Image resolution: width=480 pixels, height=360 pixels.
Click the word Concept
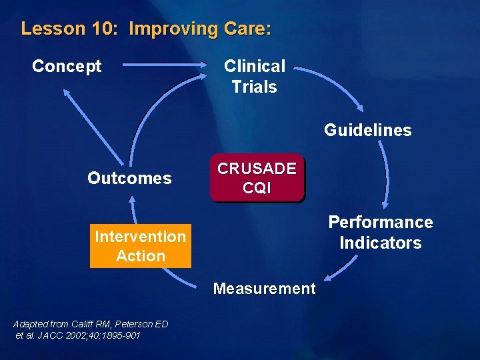(x=67, y=67)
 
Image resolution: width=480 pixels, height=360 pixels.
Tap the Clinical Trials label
(x=254, y=76)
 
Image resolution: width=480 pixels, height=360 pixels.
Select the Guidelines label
(x=367, y=130)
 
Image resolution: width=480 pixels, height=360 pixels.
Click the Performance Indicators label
(x=380, y=232)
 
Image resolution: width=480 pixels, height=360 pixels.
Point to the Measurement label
(x=264, y=289)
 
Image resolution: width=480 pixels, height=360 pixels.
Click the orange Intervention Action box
(x=140, y=246)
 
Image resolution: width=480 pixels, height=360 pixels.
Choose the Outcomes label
(x=129, y=178)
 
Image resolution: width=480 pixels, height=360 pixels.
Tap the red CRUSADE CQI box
(x=257, y=179)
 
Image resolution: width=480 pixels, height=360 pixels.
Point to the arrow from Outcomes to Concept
(x=93, y=127)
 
